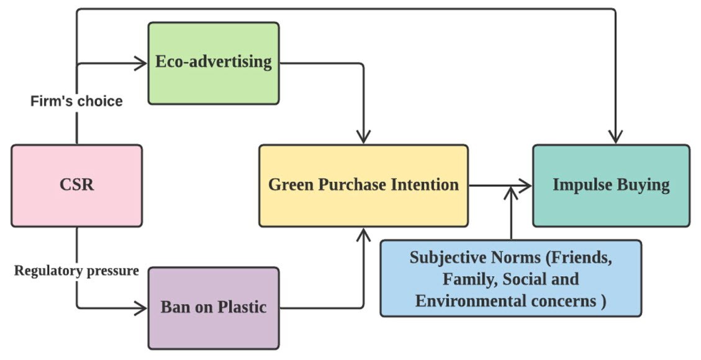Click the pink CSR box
tap(76, 185)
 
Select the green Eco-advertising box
tap(213, 63)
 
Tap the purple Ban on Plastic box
tap(213, 307)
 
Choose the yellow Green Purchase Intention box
tap(363, 185)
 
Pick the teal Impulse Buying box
tap(611, 185)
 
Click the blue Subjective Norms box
tap(510, 279)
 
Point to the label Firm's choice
tap(76, 101)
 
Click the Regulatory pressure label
tap(76, 271)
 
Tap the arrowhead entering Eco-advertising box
tap(142, 63)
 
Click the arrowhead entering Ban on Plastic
tap(142, 307)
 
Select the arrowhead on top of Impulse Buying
tap(615, 138)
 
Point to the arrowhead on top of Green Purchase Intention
tap(363, 138)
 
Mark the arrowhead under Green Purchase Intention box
tap(363, 233)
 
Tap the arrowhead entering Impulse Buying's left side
tap(527, 185)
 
